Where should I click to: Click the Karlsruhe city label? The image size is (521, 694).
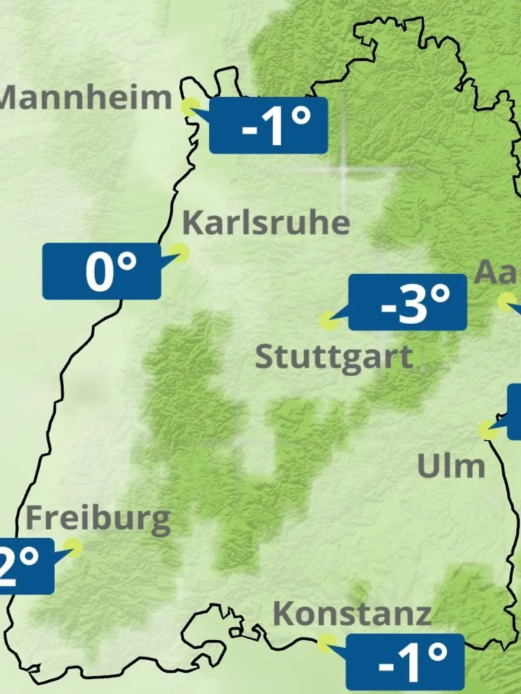pos(266,223)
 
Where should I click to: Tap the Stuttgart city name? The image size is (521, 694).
pos(333,357)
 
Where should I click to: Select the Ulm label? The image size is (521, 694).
pos(451,466)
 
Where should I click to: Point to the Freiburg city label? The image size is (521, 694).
pos(98,519)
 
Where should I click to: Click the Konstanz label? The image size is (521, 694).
pos(352,614)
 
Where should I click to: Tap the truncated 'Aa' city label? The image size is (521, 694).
pos(498,272)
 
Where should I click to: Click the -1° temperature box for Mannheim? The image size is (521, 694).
pos(268,126)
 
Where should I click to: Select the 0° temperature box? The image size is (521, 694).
pos(102,272)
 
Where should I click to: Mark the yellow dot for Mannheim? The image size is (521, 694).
pos(190,107)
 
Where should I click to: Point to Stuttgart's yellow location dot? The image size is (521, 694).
pos(329,321)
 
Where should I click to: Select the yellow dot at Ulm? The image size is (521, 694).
pos(488,429)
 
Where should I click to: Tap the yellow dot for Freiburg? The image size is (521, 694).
pos(73,548)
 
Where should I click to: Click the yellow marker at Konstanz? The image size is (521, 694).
pos(326,644)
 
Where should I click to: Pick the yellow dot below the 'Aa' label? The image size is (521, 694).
pos(506,302)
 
